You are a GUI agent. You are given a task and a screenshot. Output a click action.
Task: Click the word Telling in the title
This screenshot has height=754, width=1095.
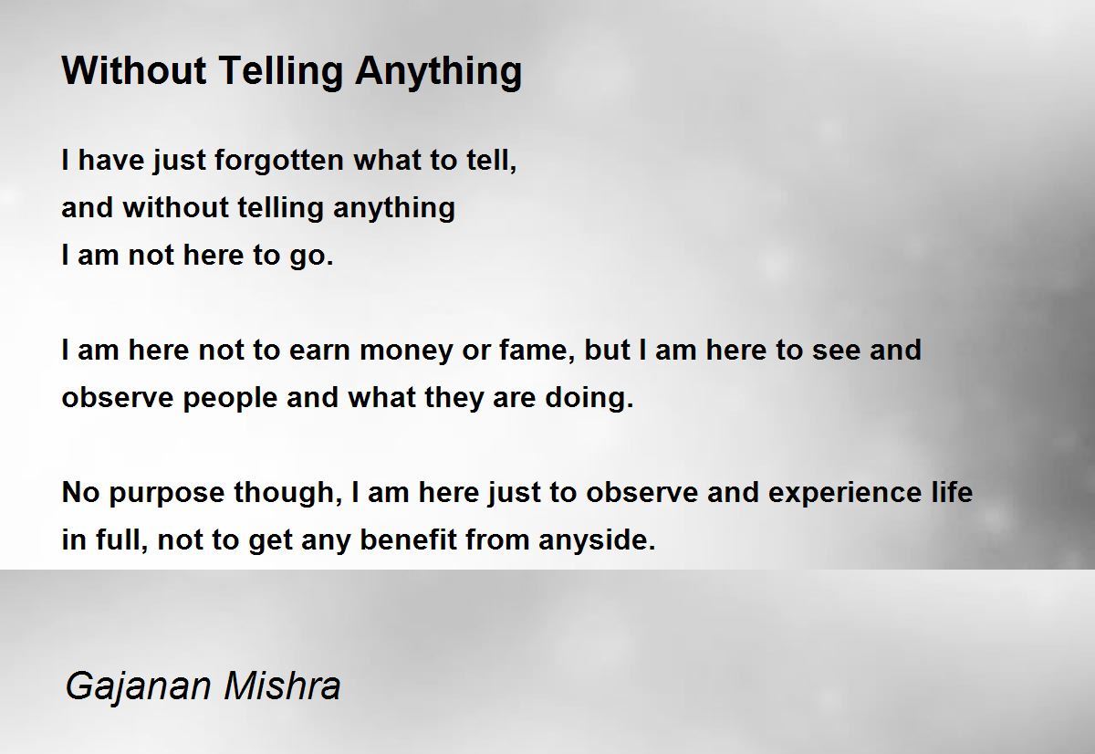point(281,72)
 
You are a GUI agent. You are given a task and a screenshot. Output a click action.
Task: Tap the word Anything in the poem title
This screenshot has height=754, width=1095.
point(439,72)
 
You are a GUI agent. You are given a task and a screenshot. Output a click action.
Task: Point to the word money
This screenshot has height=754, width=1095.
point(406,351)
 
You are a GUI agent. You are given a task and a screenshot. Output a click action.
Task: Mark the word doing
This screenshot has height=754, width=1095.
point(589,397)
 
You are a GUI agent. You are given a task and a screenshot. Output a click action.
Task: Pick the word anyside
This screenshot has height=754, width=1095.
point(597,540)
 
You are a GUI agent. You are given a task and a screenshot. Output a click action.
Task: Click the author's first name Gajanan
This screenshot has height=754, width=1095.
point(138,687)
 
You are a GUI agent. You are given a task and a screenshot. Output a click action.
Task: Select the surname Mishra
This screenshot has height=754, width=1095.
point(282,685)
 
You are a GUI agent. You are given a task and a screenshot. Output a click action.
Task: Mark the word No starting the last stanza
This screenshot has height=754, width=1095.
point(80,492)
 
